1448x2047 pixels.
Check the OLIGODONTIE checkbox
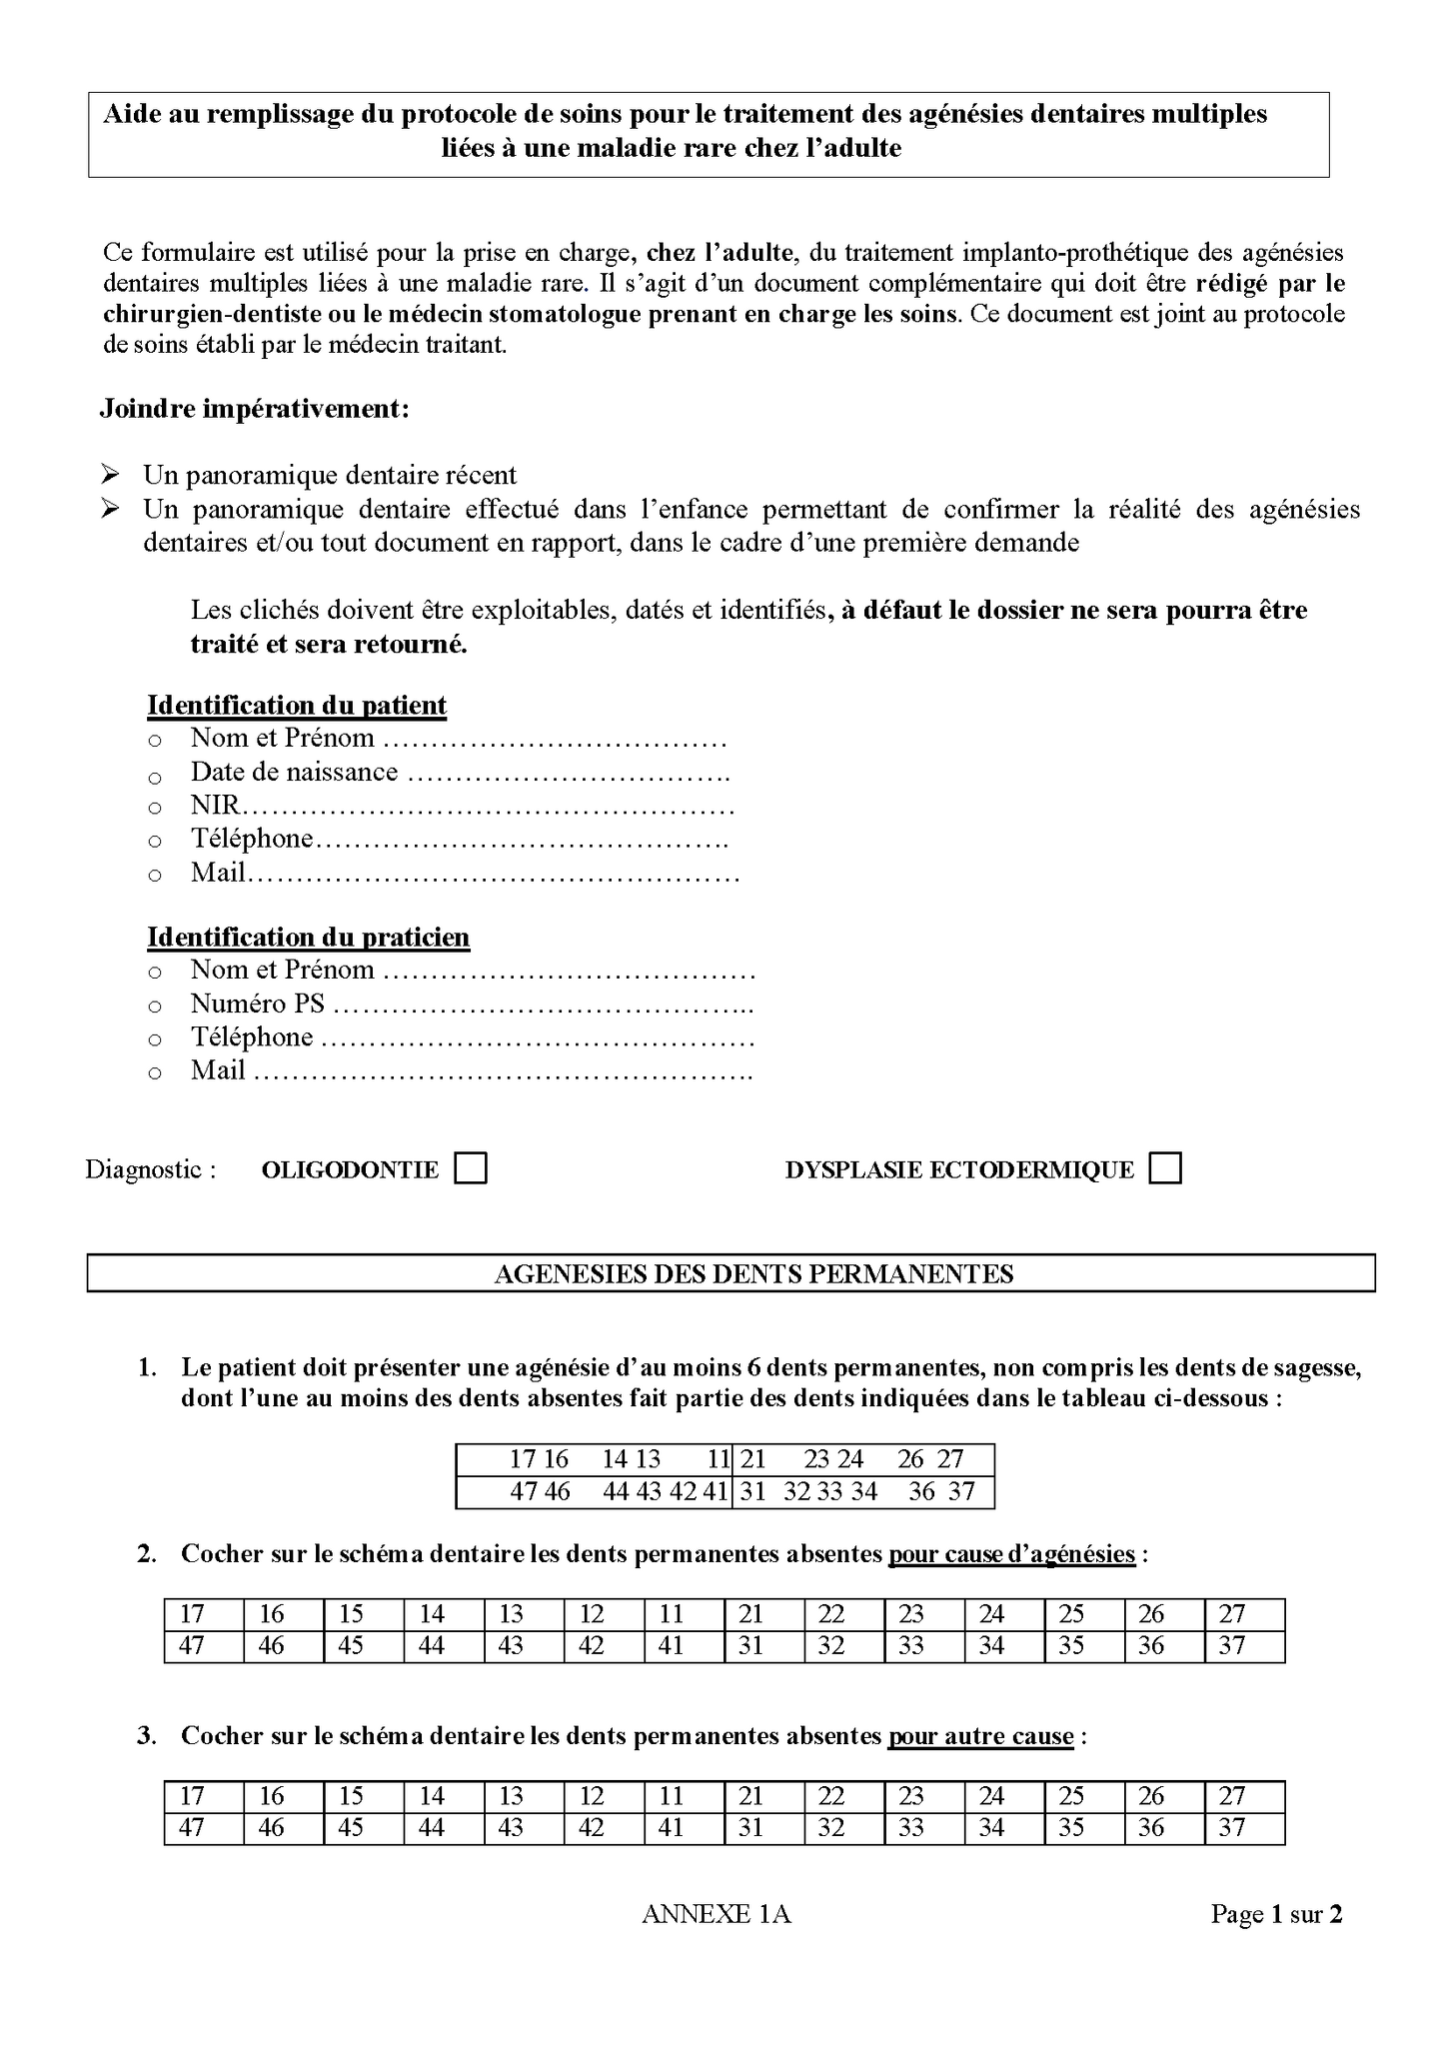(x=470, y=1168)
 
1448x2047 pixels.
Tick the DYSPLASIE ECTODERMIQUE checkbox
(x=1164, y=1168)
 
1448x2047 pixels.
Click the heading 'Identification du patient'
(x=296, y=706)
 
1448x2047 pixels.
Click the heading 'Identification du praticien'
(x=308, y=938)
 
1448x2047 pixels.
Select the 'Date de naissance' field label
(x=294, y=773)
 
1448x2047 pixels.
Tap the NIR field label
(x=216, y=806)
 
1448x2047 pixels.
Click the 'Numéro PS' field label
(x=257, y=1004)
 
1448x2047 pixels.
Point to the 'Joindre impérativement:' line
(x=254, y=410)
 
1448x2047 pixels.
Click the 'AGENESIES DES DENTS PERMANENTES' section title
(x=753, y=1274)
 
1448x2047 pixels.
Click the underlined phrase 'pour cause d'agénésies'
(x=1011, y=1554)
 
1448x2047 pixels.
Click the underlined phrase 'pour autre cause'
(x=980, y=1736)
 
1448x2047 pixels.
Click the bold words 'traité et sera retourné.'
(x=329, y=644)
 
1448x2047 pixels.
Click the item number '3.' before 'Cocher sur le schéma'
(x=147, y=1736)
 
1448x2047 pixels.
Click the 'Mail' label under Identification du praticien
(x=218, y=1070)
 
